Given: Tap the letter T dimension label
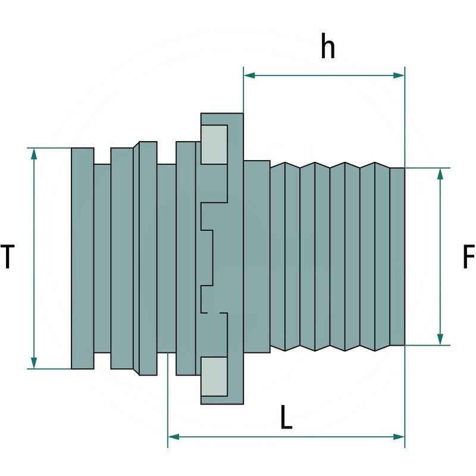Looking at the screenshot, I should click(x=7, y=258).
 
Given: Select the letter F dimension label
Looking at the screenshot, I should click(x=469, y=258).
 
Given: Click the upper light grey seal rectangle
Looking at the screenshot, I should click(x=214, y=144).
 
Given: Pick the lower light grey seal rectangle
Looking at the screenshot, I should click(x=214, y=377).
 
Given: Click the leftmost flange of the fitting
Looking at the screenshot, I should click(x=82, y=258).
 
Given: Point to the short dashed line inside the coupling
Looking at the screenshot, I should click(x=214, y=312).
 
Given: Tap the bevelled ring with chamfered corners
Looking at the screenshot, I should click(x=146, y=258).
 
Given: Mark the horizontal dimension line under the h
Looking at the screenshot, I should click(x=324, y=76).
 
